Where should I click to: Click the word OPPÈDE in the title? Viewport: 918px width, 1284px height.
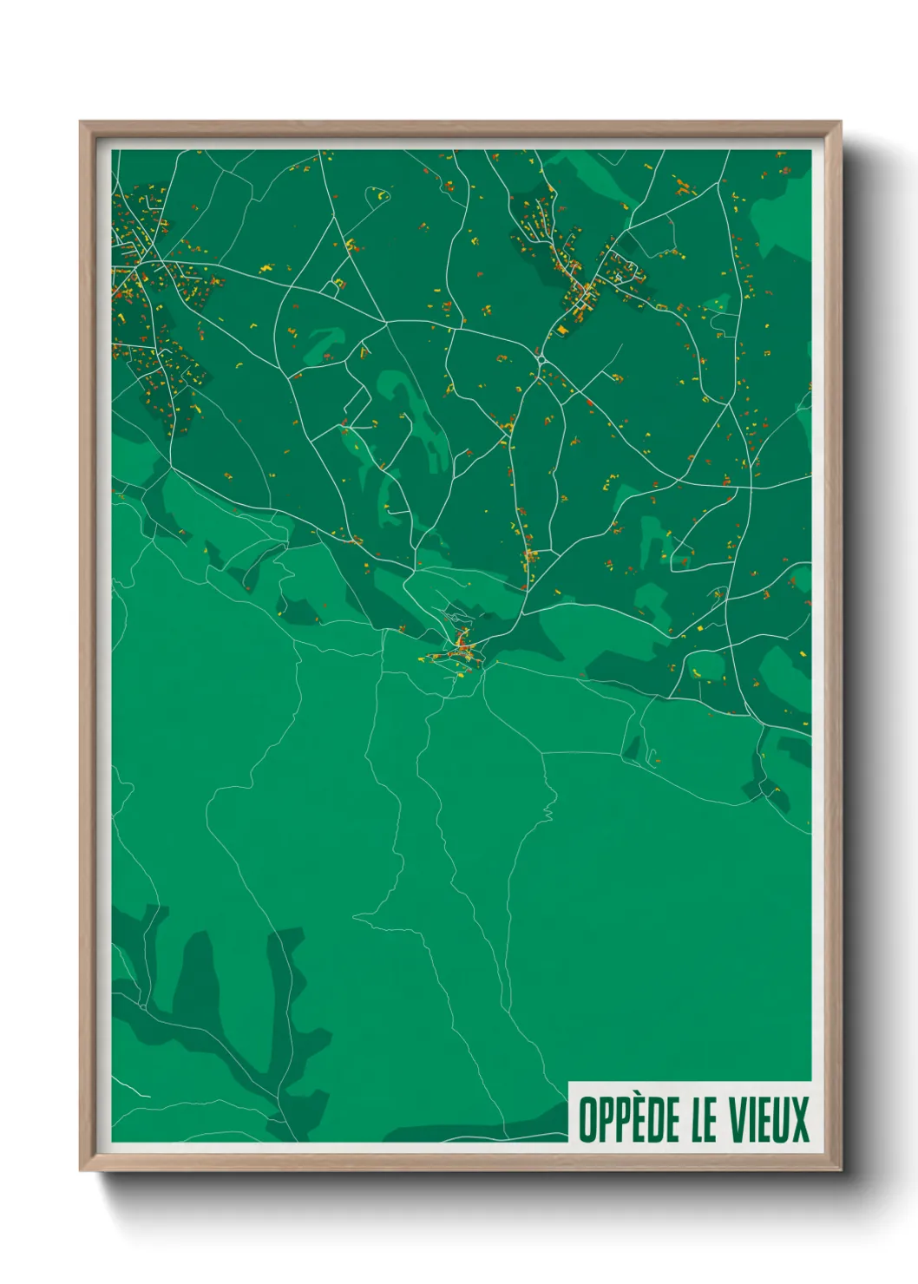(x=630, y=1119)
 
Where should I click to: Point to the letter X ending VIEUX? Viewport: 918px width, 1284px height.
(x=800, y=1119)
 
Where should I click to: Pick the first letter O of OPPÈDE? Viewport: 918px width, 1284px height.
(x=587, y=1119)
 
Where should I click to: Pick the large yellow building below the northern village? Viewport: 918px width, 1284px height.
(x=563, y=330)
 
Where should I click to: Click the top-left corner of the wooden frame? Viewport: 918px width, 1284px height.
(x=82, y=123)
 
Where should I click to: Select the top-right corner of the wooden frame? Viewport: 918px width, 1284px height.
(x=840, y=123)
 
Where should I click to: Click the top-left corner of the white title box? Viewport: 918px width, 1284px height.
(x=569, y=1083)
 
